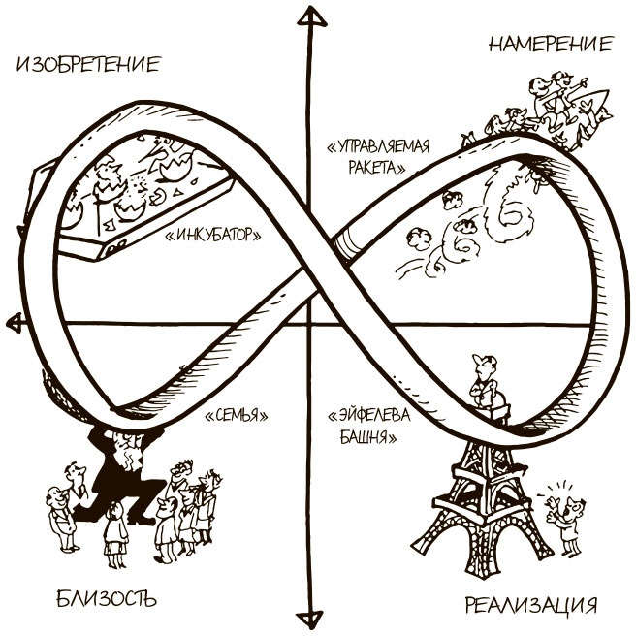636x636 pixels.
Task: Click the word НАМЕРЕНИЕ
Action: (551, 44)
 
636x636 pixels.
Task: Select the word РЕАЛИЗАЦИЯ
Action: (529, 607)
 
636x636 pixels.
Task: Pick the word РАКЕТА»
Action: (373, 166)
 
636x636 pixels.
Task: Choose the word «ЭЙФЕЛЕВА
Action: (372, 416)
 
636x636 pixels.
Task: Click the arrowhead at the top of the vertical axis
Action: (309, 16)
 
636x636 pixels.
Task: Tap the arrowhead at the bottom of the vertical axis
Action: (310, 619)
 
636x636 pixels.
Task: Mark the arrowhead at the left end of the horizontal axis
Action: (12, 321)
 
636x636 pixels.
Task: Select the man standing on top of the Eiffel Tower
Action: (482, 382)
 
